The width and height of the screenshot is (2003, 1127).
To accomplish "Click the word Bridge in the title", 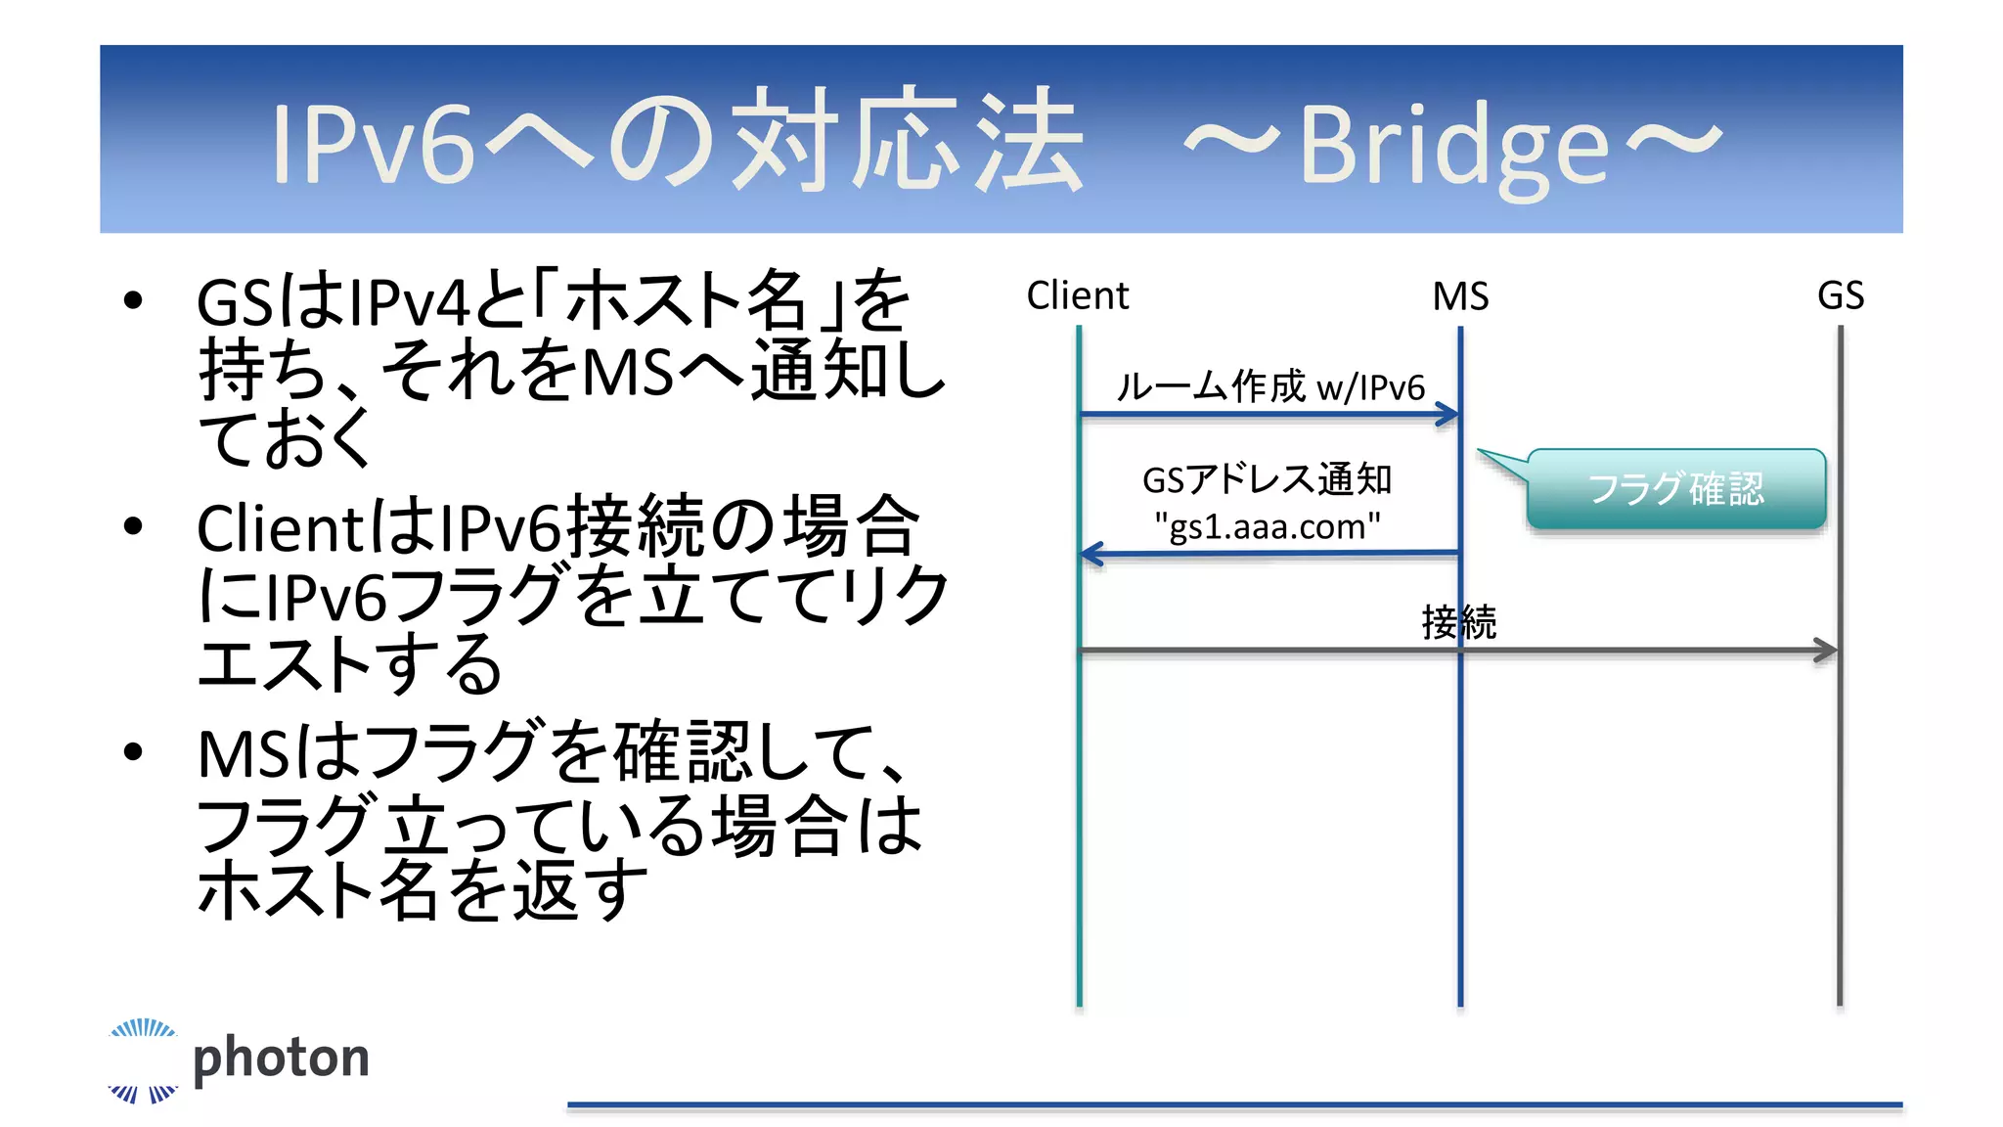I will (x=1453, y=147).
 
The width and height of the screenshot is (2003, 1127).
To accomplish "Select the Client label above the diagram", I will (x=1077, y=295).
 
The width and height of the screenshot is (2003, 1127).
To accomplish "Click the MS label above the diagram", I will (x=1460, y=296).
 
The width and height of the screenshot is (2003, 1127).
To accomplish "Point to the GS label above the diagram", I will (x=1840, y=295).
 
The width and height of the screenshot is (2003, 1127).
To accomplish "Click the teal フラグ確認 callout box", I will (x=1676, y=489).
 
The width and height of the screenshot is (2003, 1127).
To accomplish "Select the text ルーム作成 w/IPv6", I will (x=1270, y=386).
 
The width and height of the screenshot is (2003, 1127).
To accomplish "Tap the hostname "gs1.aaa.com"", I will (x=1268, y=526).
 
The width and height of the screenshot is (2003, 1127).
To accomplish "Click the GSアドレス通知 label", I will (x=1268, y=479).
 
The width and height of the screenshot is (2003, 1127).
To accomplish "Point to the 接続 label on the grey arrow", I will (x=1458, y=622).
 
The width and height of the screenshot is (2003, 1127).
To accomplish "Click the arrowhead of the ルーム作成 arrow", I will (x=1448, y=415).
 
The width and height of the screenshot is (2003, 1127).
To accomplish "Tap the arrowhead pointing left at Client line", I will (x=1091, y=555).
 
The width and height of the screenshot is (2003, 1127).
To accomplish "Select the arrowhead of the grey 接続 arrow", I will (x=1826, y=650).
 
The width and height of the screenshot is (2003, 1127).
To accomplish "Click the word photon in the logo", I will (x=281, y=1058).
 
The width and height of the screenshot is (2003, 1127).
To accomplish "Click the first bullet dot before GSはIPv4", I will (x=134, y=300).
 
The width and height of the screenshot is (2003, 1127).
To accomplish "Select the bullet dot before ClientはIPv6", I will (x=134, y=526).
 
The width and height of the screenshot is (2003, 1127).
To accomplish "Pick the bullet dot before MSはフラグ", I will (x=134, y=751).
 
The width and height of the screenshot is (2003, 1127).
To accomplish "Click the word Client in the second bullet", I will (x=282, y=528).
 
